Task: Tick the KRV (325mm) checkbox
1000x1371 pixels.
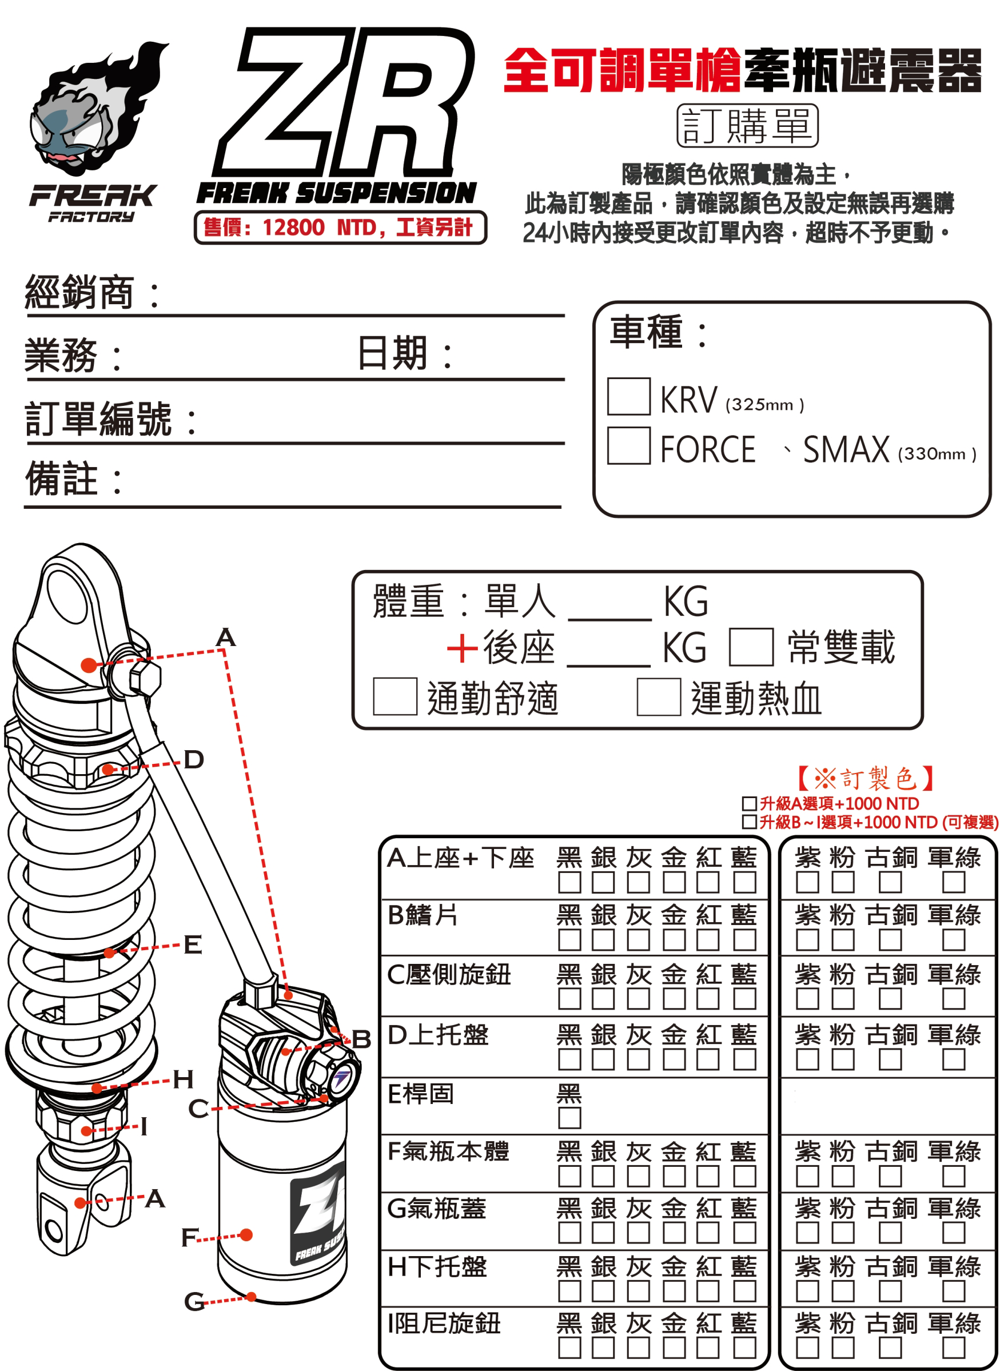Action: click(628, 396)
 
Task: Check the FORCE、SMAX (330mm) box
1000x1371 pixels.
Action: click(628, 445)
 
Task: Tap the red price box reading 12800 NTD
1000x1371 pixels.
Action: click(340, 228)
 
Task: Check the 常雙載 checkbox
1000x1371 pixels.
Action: click(751, 647)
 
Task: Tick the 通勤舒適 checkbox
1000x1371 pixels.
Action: click(395, 697)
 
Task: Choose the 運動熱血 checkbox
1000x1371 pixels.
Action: click(659, 697)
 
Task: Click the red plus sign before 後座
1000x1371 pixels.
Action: click(463, 648)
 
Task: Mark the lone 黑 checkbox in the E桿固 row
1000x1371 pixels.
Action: click(569, 1118)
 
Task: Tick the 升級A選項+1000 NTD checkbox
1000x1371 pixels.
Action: click(749, 804)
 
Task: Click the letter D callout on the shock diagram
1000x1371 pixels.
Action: click(194, 760)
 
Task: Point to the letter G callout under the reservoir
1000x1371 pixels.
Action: click(194, 1301)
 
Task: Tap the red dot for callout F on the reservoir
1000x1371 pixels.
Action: click(246, 1235)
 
